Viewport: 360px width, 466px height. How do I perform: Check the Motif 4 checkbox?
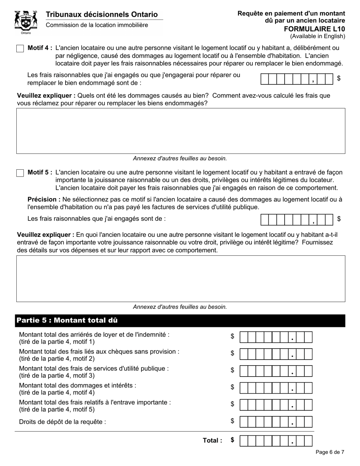20,48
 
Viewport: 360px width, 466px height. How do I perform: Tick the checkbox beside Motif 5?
20,173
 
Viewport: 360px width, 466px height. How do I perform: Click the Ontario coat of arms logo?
26,22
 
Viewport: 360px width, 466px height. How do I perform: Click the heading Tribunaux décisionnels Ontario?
102,14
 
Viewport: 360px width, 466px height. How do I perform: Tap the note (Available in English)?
318,36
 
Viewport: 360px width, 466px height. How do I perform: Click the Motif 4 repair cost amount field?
297,79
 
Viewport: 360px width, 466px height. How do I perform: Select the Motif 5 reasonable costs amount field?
297,219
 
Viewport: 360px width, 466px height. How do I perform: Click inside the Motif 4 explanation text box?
180,131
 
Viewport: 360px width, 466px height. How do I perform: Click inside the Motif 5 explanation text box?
180,278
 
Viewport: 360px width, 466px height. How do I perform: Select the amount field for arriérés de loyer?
276,337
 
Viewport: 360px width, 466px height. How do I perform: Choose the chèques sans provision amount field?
276,354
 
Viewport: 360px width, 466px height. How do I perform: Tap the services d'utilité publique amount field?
276,371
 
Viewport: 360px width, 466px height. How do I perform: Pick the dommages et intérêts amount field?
276,388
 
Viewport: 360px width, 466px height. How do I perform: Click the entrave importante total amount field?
276,405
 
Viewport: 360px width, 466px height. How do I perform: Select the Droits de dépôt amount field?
276,422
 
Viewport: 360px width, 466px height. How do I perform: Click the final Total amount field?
276,441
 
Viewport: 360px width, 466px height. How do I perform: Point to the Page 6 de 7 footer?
330,452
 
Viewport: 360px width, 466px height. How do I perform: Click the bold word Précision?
44,199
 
